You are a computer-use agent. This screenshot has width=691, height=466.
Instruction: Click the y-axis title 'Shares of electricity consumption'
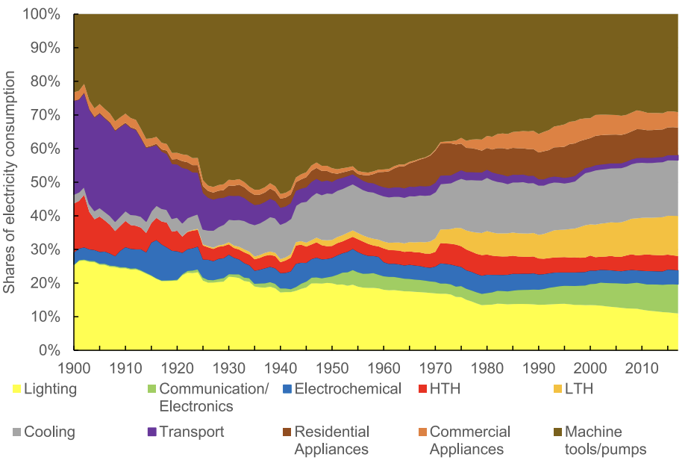(x=10, y=182)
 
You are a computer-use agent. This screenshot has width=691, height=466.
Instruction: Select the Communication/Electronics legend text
(x=196, y=397)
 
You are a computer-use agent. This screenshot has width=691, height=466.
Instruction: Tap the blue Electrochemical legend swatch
(x=287, y=388)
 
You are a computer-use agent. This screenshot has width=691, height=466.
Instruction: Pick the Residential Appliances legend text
(x=332, y=440)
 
